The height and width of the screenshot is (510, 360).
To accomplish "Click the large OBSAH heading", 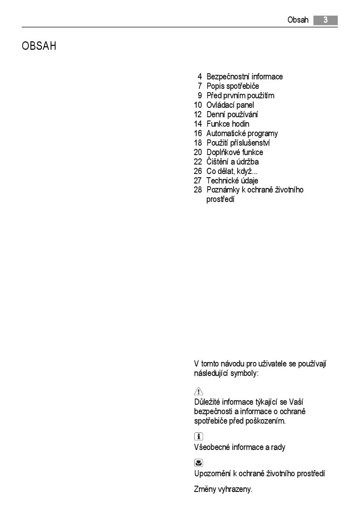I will [39, 46].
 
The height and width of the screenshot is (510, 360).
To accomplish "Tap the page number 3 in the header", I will [325, 20].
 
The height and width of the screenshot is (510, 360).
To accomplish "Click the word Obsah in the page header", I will [298, 20].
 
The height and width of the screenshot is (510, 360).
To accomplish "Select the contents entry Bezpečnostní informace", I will [244, 76].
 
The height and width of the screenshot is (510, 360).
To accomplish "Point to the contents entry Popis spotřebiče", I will [232, 86].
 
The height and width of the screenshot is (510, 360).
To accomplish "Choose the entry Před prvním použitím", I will [240, 95].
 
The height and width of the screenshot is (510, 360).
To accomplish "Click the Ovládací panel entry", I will [230, 105].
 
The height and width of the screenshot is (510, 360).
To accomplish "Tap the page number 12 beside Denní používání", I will [198, 114].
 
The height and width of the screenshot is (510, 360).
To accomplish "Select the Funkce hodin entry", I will [228, 124].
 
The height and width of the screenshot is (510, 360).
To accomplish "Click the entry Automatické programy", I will [242, 133].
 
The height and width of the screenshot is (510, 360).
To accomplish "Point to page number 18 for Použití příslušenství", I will [198, 143].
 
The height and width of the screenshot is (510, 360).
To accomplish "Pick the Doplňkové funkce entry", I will [235, 152].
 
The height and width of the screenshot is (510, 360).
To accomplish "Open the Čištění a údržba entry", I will [232, 162].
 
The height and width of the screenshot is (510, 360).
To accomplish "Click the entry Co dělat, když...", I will [232, 171].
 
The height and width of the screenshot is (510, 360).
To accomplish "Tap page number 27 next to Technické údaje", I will [198, 181].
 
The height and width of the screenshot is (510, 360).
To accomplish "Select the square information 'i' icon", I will [198, 437].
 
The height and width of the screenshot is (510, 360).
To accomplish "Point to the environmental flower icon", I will [198, 463].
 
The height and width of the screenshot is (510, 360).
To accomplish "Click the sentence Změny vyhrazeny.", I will [223, 489].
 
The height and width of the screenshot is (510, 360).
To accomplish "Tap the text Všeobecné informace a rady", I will [239, 447].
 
